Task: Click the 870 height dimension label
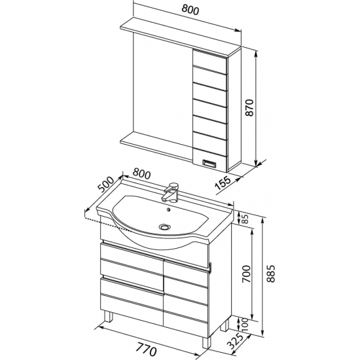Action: [249, 107]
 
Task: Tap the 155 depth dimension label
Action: [223, 183]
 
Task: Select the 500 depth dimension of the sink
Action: [105, 185]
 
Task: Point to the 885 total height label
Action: [271, 274]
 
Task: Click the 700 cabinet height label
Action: [246, 274]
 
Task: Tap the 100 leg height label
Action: [245, 325]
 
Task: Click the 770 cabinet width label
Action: [147, 349]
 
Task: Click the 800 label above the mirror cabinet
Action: [190, 10]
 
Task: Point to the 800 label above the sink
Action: [141, 174]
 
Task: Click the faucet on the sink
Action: [171, 192]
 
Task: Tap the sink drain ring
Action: [165, 227]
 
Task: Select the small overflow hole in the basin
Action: [169, 209]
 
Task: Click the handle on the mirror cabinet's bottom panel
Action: [209, 163]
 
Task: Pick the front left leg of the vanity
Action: [108, 317]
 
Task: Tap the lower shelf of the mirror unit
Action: [157, 145]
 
